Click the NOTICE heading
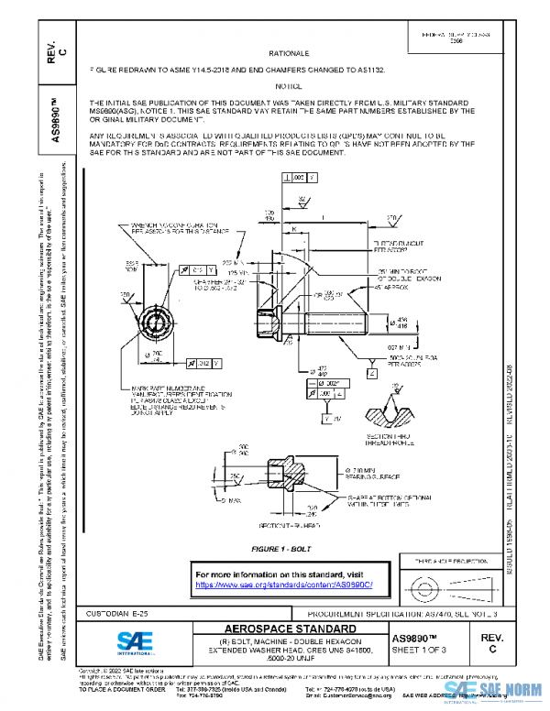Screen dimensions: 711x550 [289, 84]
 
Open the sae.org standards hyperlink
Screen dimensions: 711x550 [286, 585]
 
